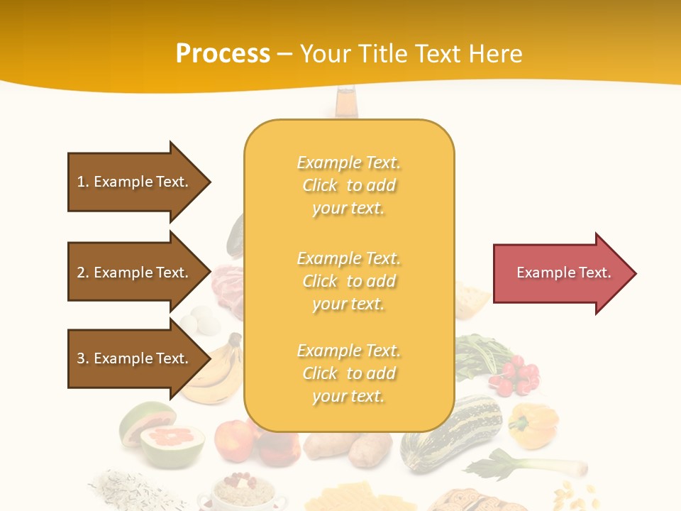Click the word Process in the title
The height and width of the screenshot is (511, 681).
tap(223, 54)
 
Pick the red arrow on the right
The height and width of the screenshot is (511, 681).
tap(564, 273)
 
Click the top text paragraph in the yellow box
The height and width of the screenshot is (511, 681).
tap(349, 185)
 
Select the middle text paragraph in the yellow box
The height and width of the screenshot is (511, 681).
tap(349, 281)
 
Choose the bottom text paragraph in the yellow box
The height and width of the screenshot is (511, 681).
tap(349, 373)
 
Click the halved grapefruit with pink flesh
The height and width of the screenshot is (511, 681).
tap(172, 444)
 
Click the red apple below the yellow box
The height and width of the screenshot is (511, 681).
tap(235, 440)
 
